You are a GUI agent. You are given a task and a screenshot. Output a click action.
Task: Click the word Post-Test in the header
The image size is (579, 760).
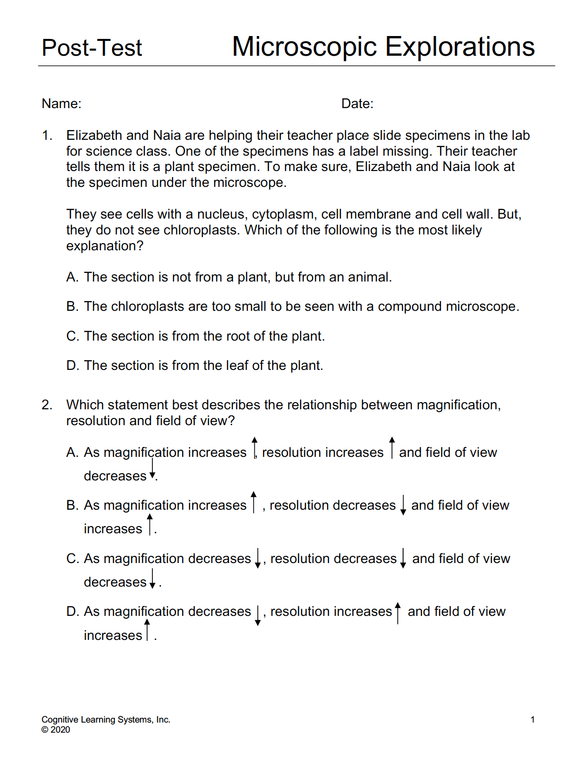point(92,48)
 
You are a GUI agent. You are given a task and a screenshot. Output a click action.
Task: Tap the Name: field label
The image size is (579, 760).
point(62,104)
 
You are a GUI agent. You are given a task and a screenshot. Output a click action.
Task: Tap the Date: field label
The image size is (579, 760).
point(357,104)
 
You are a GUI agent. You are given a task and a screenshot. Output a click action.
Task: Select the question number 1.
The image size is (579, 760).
point(47,135)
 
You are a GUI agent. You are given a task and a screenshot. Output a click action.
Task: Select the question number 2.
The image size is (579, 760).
point(47,405)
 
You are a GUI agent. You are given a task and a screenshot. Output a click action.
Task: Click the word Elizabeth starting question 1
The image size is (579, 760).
point(94,135)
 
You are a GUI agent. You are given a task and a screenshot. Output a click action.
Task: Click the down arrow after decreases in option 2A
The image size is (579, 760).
point(152,468)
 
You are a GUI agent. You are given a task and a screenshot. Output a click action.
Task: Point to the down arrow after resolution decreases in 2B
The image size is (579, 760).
point(403,505)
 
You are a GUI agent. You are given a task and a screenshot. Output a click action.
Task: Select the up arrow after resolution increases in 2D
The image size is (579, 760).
point(398,613)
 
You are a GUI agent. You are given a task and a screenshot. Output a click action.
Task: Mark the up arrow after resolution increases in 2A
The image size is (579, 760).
point(392,448)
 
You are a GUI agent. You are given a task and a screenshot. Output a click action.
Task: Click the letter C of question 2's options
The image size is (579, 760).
point(72,559)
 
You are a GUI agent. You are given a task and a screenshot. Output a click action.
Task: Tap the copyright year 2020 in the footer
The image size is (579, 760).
point(60,730)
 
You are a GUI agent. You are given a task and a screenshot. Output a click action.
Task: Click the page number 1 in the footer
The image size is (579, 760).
point(532,720)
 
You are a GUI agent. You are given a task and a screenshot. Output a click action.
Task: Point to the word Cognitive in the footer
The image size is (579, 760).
point(60,720)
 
